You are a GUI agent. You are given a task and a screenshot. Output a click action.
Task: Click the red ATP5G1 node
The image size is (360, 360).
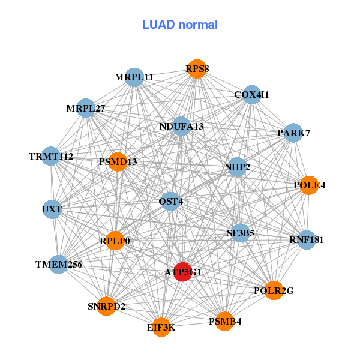point(182,271)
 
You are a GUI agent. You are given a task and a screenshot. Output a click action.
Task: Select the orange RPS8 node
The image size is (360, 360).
point(197,69)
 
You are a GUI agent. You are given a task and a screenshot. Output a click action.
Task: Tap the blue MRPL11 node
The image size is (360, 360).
point(134,77)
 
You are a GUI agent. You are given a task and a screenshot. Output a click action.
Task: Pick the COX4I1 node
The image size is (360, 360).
point(251,95)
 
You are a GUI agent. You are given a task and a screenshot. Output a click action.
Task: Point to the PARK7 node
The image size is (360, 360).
point(293,133)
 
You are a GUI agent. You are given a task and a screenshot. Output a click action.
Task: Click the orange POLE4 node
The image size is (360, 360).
point(309,185)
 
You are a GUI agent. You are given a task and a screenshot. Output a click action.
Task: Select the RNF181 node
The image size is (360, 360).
point(306,240)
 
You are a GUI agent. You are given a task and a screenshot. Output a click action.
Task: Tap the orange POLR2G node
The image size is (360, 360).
point(274,290)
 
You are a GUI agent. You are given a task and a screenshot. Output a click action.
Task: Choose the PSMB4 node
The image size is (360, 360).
point(225,321)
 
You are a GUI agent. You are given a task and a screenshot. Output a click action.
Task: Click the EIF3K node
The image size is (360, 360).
point(161,327)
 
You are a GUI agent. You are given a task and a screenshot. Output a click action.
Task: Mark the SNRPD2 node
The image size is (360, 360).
point(107,306)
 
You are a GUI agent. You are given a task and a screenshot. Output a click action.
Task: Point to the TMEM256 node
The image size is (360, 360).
point(59,264)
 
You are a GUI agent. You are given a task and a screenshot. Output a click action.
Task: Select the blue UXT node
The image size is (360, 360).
point(52,209)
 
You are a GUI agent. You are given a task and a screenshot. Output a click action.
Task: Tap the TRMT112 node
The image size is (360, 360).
point(52,157)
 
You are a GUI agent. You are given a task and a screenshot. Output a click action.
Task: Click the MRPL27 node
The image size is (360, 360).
point(86,109)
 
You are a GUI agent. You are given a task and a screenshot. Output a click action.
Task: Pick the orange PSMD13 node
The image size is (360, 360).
point(118,161)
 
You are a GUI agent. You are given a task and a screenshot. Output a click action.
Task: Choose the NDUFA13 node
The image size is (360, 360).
point(181,127)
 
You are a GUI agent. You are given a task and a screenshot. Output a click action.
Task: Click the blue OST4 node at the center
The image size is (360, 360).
point(170,202)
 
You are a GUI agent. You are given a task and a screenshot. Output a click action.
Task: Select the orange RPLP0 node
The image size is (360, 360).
point(115,241)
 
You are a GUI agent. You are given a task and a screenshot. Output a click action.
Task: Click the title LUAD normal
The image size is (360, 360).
point(180,25)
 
